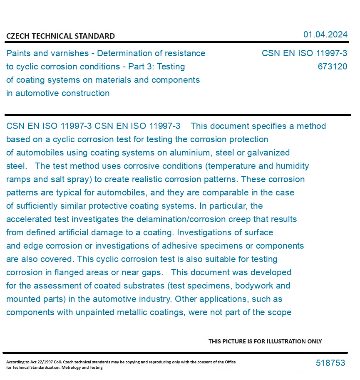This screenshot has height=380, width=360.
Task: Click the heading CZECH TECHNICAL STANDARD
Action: tap(60, 36)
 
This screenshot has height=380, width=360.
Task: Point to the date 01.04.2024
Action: tap(325, 35)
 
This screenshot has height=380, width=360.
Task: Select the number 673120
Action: tap(332, 67)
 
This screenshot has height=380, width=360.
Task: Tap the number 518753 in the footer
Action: tap(330, 363)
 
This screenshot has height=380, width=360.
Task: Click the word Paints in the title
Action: tap(18, 53)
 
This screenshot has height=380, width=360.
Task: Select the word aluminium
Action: tap(195, 153)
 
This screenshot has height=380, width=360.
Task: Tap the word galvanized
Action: tap(269, 153)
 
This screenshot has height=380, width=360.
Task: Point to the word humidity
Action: tap(291, 166)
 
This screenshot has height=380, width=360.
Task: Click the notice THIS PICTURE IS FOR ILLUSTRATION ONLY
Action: tap(265, 341)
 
